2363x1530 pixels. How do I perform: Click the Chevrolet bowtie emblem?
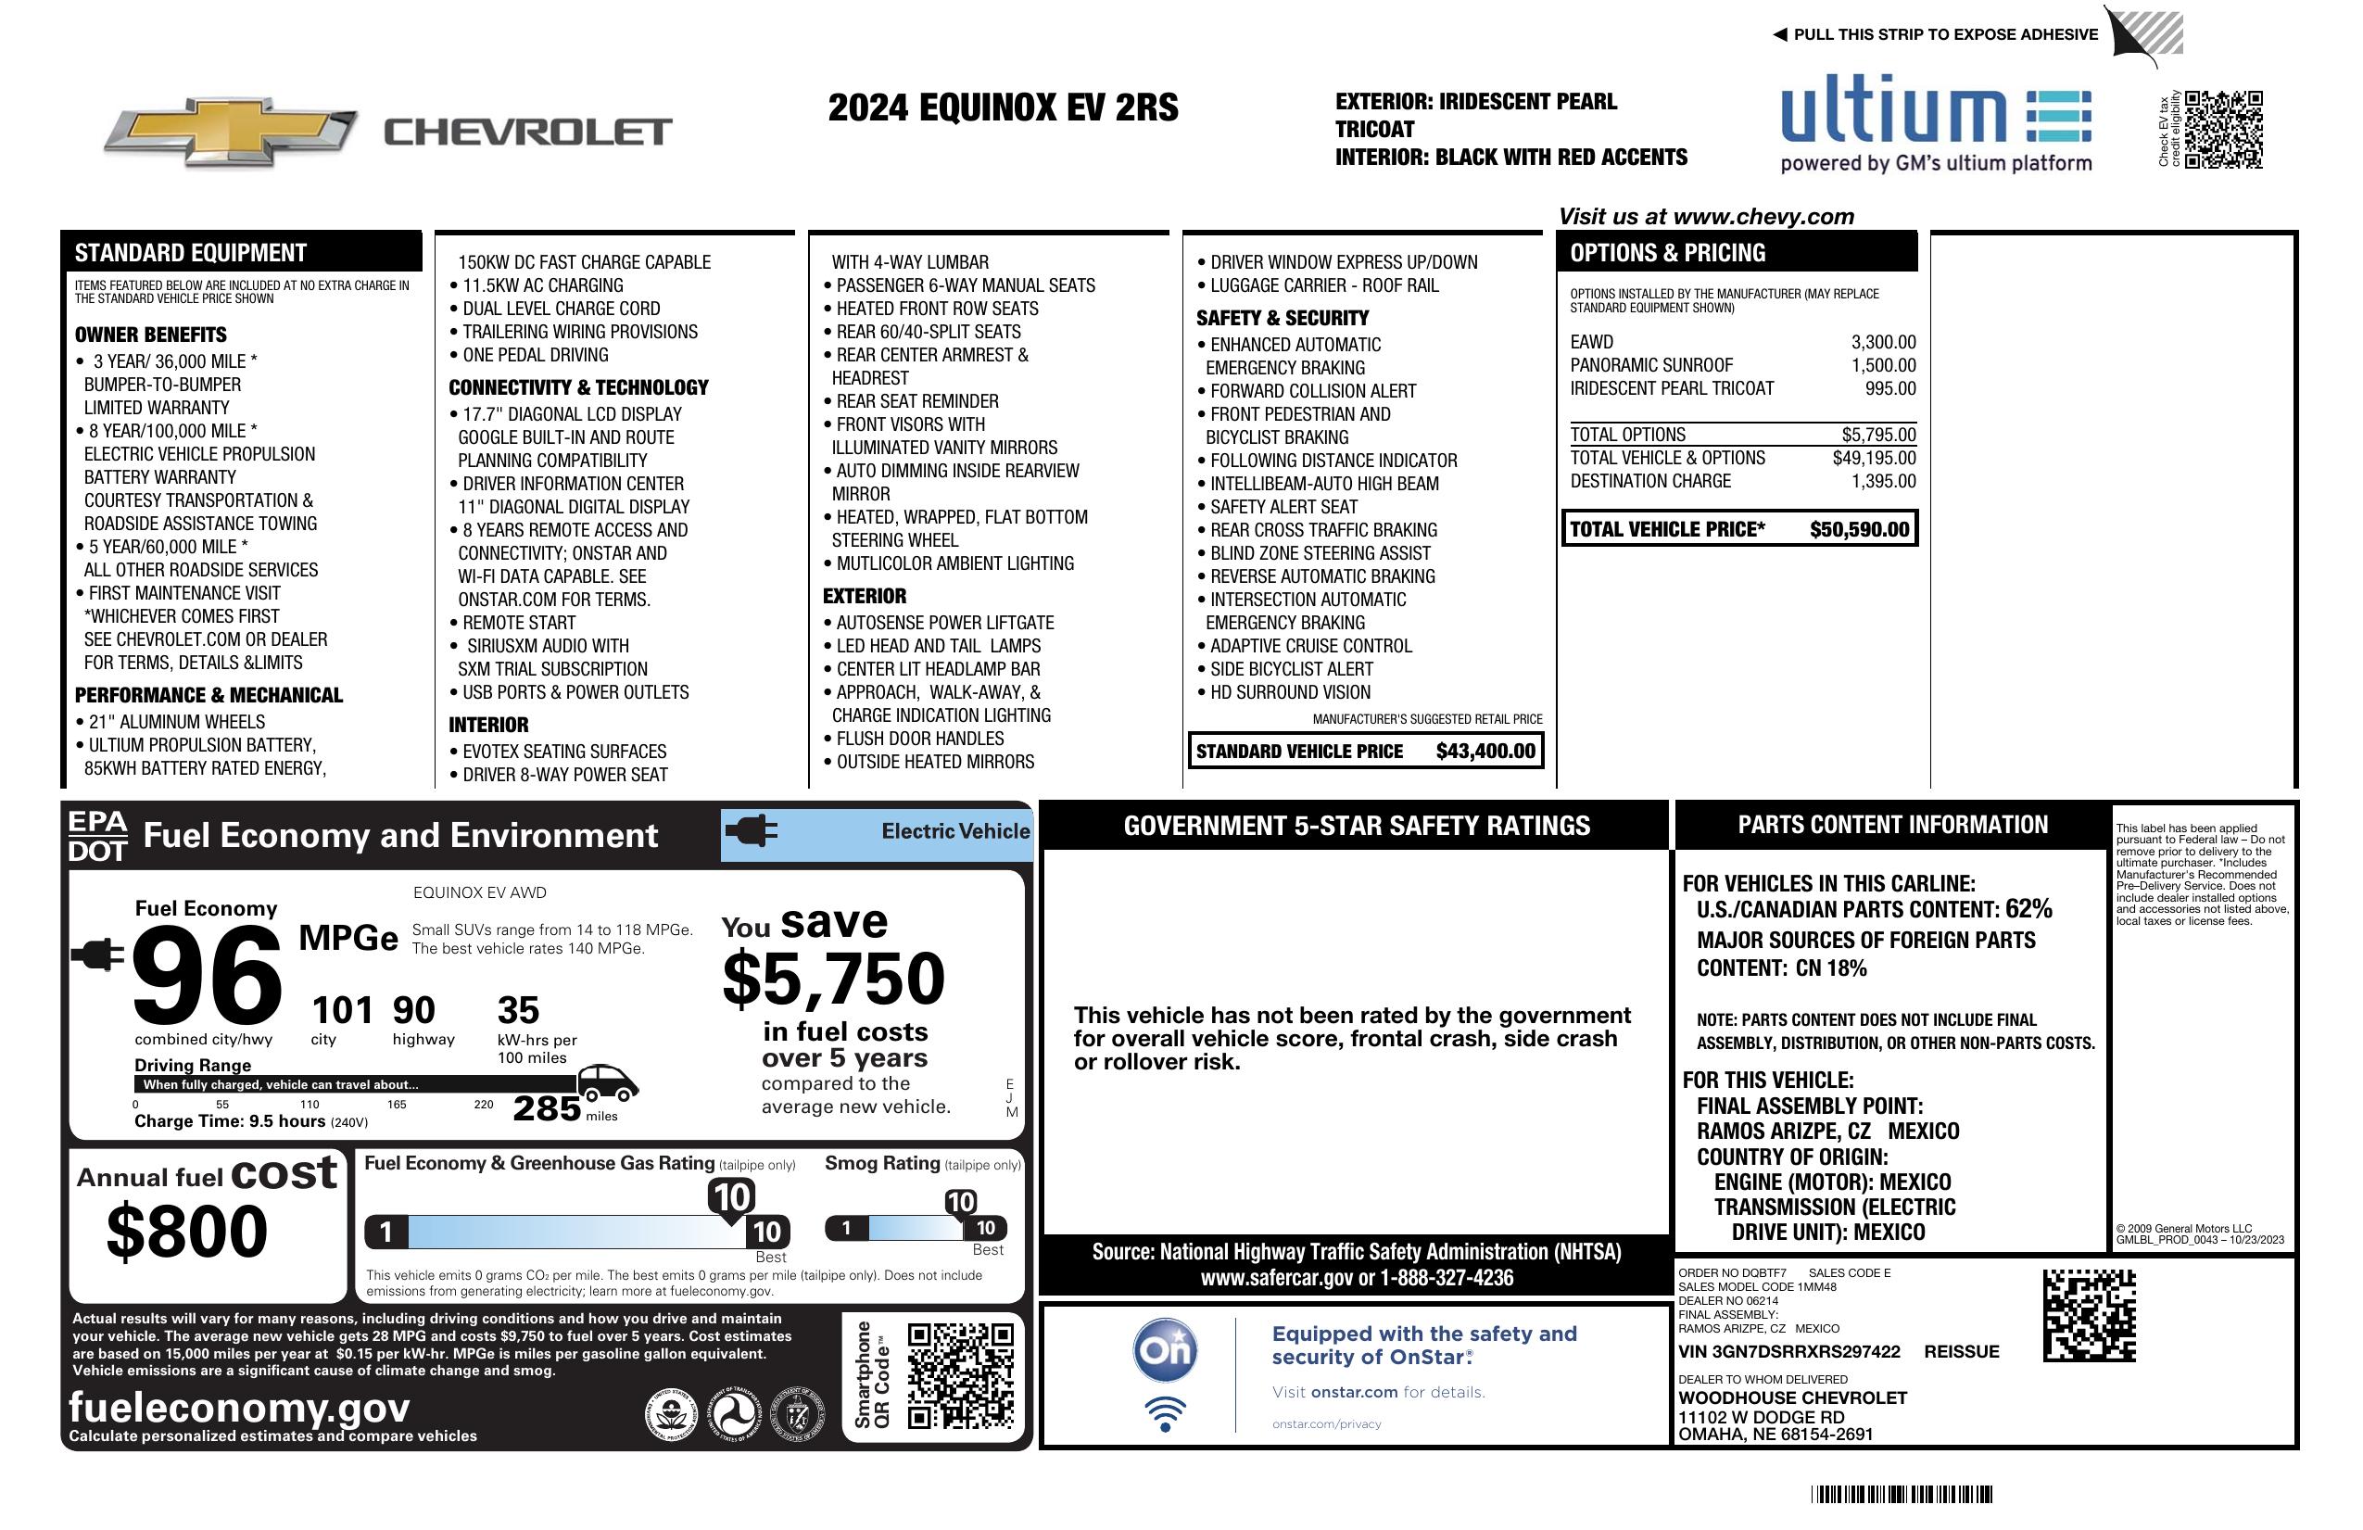click(x=231, y=131)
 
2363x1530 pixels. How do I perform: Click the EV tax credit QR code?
click(x=2223, y=130)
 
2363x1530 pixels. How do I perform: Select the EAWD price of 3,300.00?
click(x=1882, y=343)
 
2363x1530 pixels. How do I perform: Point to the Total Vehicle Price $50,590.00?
click(x=1859, y=529)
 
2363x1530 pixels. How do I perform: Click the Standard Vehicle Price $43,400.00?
click(x=1485, y=752)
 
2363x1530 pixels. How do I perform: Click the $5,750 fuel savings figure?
click(x=834, y=979)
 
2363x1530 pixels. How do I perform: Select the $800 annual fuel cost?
click(x=186, y=1232)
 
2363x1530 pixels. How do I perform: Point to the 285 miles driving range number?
click(x=546, y=1108)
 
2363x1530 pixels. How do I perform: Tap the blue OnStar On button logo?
click(x=1165, y=1350)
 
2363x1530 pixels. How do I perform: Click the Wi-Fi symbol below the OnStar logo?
click(x=1165, y=1414)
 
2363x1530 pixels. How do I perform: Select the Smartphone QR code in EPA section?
click(x=960, y=1374)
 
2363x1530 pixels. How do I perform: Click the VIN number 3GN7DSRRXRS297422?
click(x=1788, y=1352)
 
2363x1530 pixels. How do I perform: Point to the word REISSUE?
click(x=1961, y=1352)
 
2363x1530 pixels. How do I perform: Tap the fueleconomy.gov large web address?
click(x=239, y=1408)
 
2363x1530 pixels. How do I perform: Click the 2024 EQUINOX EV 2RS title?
click(x=1003, y=107)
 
